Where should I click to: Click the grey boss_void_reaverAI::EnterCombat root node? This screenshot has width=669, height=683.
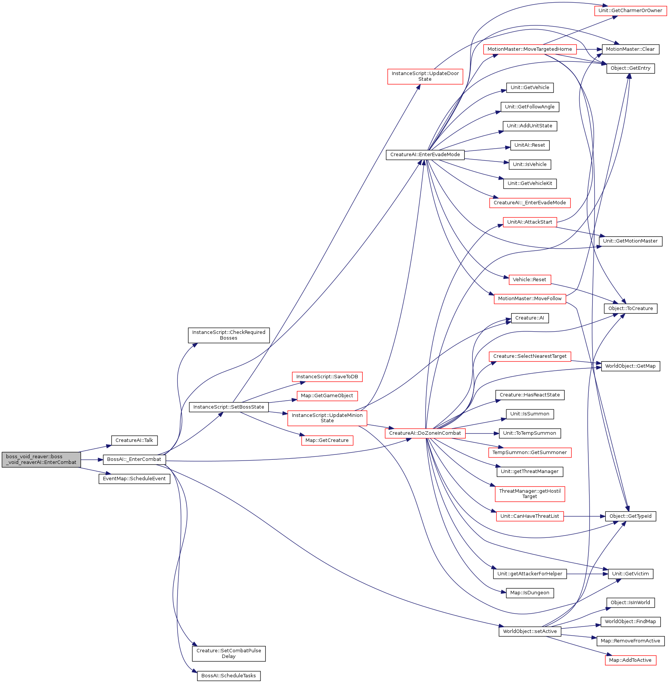tap(41, 459)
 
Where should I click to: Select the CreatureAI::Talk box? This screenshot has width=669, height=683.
tap(134, 440)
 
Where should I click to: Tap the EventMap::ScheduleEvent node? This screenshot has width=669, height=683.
tap(134, 479)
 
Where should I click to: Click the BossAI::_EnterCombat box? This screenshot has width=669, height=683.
tap(134, 459)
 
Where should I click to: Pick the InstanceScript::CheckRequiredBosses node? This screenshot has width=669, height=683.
tap(229, 335)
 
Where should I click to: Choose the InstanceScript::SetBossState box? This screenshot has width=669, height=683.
tap(229, 407)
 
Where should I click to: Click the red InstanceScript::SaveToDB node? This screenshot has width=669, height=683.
tap(327, 377)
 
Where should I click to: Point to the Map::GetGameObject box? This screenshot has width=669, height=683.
tap(327, 396)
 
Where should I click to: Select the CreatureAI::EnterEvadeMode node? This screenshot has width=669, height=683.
tap(425, 155)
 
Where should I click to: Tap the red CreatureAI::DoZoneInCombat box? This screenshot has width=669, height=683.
tap(425, 433)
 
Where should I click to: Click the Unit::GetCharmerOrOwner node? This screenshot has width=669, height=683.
tap(630, 11)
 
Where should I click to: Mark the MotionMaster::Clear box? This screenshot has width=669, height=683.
tap(630, 49)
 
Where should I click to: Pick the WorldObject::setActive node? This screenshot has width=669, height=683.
tap(530, 631)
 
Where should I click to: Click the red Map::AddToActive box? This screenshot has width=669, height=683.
tap(630, 660)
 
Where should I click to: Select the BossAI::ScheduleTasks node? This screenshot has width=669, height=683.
tap(229, 676)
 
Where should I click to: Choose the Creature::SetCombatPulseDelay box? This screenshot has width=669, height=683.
tap(229, 653)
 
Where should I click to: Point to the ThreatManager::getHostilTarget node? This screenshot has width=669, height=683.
tap(530, 494)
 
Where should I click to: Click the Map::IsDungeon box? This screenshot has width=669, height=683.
tap(530, 593)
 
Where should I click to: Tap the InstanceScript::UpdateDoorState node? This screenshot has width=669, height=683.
tap(425, 77)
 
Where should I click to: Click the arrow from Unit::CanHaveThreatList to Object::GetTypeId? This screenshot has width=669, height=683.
tap(585, 516)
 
